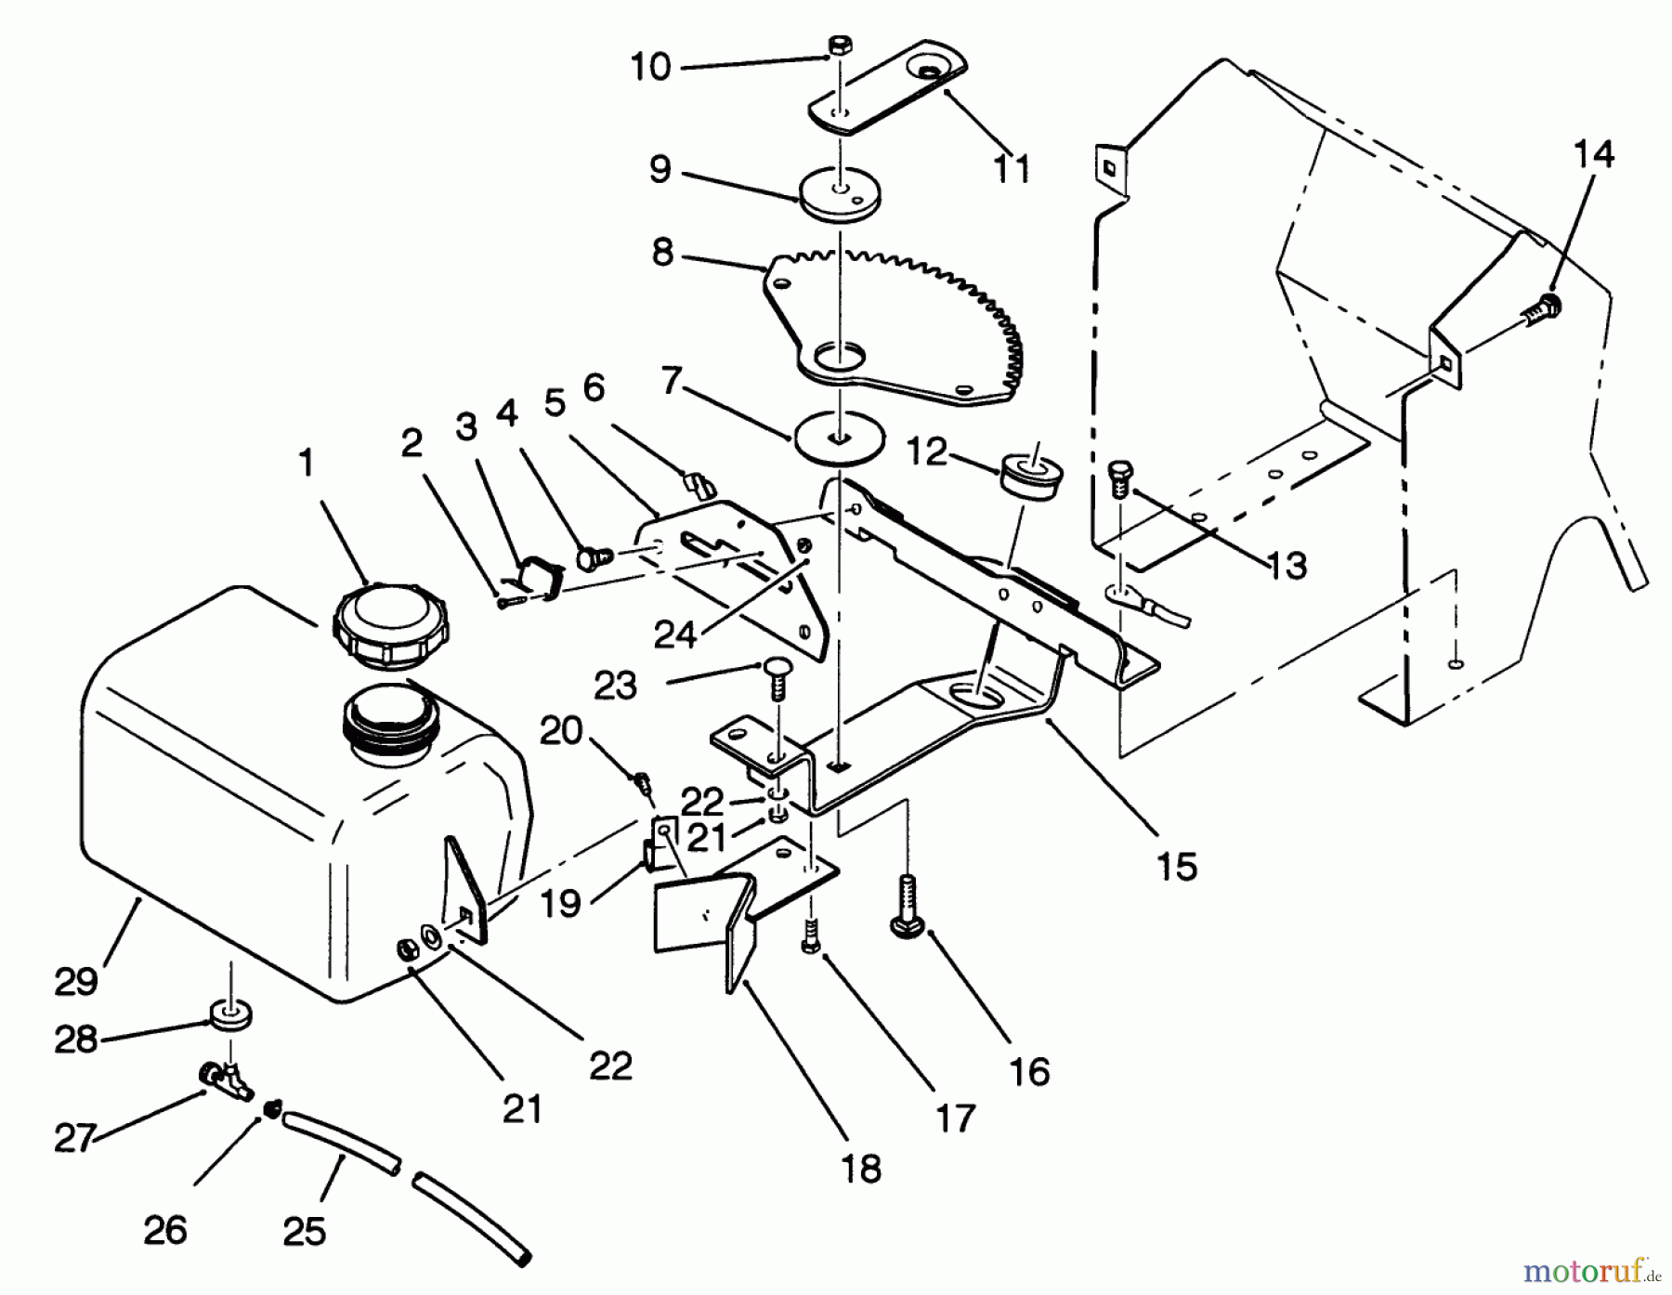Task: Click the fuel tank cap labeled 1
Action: click(391, 623)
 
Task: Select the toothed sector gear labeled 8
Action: click(892, 325)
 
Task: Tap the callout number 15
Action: click(1177, 866)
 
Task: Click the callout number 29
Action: click(76, 980)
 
